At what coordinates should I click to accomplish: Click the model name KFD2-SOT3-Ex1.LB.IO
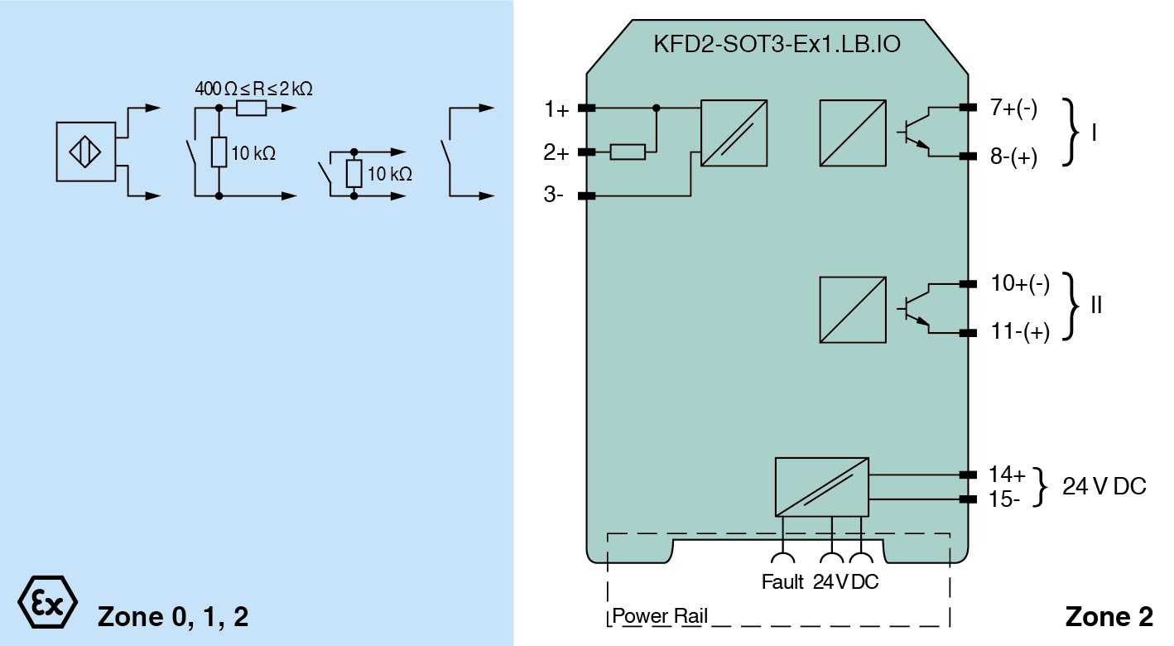(777, 44)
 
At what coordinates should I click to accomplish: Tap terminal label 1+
(556, 108)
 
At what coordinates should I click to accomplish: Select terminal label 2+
(556, 152)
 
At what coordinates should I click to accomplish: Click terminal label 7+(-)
(1013, 108)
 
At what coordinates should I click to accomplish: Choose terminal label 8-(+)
(1013, 157)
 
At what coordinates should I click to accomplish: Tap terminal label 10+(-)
(1020, 284)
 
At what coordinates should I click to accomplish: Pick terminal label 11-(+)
(1020, 332)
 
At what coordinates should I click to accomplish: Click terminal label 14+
(1007, 475)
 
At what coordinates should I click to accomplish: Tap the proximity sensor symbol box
(85, 152)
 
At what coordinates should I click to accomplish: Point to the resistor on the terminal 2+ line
(628, 152)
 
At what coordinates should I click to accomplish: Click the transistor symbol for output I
(912, 133)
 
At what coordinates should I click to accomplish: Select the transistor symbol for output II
(912, 308)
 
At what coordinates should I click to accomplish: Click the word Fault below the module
(782, 581)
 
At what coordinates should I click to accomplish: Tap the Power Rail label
(660, 616)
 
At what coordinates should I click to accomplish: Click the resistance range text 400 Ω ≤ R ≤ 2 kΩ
(253, 89)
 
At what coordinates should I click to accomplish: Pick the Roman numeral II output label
(1096, 306)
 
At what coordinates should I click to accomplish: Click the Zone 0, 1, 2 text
(172, 616)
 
